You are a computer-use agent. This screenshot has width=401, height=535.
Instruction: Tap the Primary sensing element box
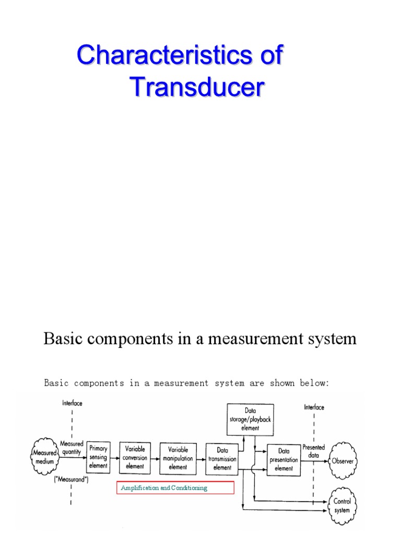[x=98, y=457]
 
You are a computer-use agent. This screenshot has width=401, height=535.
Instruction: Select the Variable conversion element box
[x=134, y=457]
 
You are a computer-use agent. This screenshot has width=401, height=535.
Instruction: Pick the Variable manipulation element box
[x=178, y=457]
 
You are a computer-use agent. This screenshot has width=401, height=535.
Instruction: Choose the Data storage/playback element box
[x=251, y=419]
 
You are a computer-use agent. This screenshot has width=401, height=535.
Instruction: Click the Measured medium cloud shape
[x=44, y=457]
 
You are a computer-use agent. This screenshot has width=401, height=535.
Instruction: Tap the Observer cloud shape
[x=343, y=461]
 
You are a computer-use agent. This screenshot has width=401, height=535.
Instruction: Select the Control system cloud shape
[x=343, y=505]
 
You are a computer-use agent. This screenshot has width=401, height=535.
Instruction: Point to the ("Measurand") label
[x=72, y=479]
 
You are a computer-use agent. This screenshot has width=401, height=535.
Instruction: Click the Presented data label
[x=313, y=451]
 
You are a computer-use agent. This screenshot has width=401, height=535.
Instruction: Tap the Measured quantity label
[x=72, y=448]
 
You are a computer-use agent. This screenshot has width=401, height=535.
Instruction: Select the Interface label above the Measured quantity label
[x=72, y=403]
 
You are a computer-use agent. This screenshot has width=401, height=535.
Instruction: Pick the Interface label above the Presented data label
[x=314, y=408]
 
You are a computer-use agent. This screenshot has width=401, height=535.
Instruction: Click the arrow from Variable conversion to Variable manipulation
[x=154, y=458]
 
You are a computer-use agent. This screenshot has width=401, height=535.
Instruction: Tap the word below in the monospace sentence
[x=312, y=383]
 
